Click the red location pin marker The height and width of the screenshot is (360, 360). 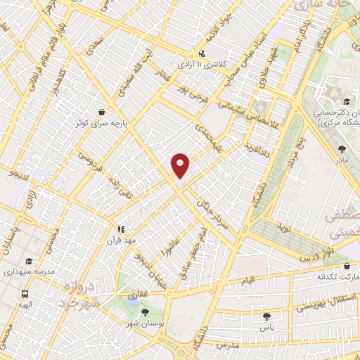pos(181,165)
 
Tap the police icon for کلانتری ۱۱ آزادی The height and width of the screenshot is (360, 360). pos(202,53)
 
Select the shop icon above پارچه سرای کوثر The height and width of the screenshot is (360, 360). pos(102,112)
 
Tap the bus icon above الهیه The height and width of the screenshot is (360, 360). pos(25,295)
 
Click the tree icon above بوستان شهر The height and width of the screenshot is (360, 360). pos(145,312)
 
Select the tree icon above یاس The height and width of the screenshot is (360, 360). pos(268,317)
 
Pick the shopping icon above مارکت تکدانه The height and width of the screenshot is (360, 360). pos(348,266)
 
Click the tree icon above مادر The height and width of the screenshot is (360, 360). pos(342,149)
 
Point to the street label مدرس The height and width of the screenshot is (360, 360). pos(229,346)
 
